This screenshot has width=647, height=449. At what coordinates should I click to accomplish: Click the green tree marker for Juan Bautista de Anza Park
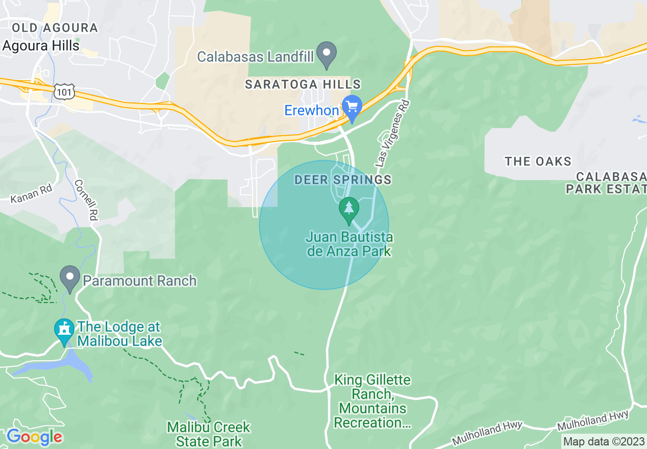(x=349, y=209)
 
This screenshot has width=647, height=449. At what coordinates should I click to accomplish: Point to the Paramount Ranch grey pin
(x=70, y=278)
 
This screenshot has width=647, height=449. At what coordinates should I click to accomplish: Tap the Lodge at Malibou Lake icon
(x=64, y=330)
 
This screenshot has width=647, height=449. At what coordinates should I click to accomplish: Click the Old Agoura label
(x=55, y=28)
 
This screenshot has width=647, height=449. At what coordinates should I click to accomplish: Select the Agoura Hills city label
(x=41, y=46)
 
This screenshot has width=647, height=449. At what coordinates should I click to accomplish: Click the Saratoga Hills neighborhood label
(x=303, y=85)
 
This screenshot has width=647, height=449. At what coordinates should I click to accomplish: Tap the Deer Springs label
(x=343, y=180)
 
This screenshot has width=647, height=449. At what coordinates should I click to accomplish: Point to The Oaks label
(x=538, y=162)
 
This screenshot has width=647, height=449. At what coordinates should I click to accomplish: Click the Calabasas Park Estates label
(x=606, y=183)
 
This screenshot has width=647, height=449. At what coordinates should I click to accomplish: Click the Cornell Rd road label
(x=86, y=200)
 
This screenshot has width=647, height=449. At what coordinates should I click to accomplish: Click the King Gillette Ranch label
(x=372, y=401)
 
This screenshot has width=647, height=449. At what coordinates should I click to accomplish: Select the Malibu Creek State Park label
(x=209, y=433)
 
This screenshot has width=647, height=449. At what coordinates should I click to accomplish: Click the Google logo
(x=34, y=437)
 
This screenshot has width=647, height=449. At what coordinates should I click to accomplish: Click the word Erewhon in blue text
(x=311, y=111)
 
